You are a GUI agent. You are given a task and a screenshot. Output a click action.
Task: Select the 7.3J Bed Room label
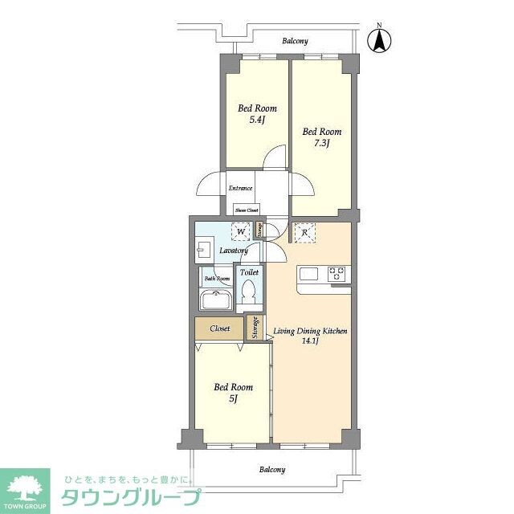point(321,137)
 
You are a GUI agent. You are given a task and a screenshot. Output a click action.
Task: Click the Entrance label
point(240,189)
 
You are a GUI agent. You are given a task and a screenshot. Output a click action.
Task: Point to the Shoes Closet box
point(247,210)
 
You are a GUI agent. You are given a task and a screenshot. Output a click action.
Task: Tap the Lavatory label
point(234,251)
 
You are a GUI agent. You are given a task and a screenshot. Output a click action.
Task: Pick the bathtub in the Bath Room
point(215,302)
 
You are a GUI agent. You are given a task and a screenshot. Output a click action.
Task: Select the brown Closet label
point(220,328)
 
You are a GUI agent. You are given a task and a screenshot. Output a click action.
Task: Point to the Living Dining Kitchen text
point(310,330)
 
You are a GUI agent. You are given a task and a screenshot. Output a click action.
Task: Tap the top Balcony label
point(295,41)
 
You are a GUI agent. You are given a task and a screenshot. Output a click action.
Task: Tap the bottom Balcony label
point(271,470)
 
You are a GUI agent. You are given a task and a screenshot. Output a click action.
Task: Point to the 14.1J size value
point(310,341)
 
